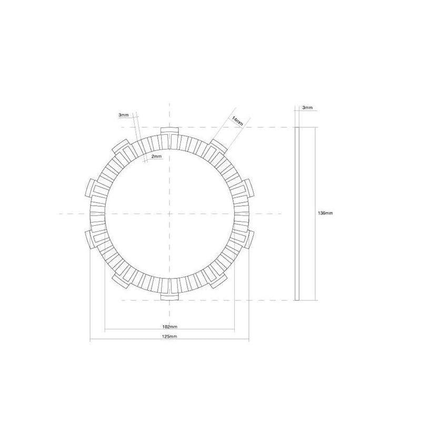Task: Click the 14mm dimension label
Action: [237, 121]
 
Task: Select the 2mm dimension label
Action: [156, 156]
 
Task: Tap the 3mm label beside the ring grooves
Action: [124, 115]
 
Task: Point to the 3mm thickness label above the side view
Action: [307, 107]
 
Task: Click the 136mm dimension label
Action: [325, 213]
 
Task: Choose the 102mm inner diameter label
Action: [169, 327]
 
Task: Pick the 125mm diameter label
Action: [169, 336]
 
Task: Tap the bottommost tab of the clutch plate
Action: [169, 296]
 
